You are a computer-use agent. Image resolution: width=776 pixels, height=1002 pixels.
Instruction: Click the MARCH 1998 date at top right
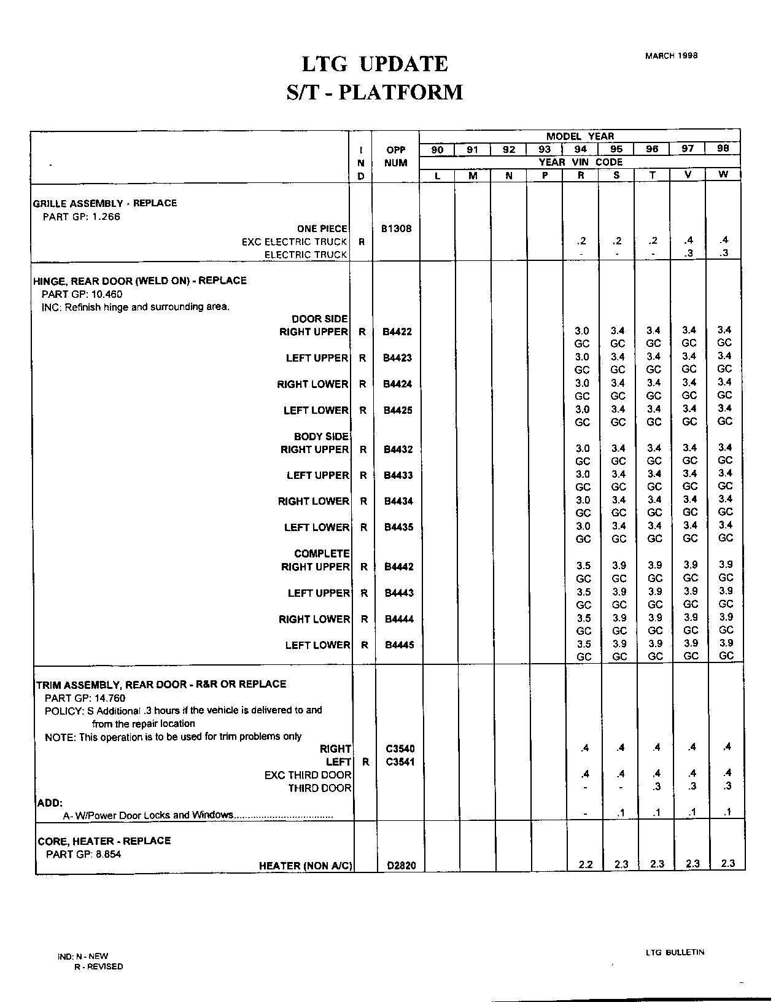[671, 55]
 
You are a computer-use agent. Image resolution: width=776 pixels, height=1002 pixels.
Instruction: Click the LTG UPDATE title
[374, 64]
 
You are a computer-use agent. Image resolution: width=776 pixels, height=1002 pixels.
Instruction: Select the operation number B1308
[396, 228]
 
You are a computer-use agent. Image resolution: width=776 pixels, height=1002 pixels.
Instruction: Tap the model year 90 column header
[437, 149]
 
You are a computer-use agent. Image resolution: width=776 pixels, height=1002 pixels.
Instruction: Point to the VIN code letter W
[723, 174]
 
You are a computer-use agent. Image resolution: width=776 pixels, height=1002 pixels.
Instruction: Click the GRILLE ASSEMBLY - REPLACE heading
[104, 203]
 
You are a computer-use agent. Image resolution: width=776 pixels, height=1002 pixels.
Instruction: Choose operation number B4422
[397, 332]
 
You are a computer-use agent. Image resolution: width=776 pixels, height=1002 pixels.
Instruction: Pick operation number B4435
[398, 527]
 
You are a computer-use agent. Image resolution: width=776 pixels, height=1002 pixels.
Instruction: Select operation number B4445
[399, 645]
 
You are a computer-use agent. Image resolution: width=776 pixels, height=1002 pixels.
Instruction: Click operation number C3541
[400, 762]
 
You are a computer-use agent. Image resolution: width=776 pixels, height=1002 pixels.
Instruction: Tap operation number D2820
[401, 866]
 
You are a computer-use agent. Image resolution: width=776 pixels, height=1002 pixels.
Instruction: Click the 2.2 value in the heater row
[586, 864]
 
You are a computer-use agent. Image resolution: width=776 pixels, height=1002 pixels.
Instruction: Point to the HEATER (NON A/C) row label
[306, 866]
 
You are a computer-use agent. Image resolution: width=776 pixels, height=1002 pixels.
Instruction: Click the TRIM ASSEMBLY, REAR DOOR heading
[161, 684]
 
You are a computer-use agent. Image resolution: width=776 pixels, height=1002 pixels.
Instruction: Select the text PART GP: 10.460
[82, 294]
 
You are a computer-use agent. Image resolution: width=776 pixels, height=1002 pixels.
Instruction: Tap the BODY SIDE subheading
[321, 437]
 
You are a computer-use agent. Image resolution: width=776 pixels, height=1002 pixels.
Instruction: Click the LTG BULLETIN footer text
[675, 952]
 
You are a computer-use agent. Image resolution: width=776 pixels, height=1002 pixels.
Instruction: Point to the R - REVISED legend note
[98, 966]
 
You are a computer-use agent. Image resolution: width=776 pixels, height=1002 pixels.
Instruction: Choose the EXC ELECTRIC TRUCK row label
[295, 242]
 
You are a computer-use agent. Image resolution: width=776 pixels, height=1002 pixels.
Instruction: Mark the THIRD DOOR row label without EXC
[320, 788]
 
